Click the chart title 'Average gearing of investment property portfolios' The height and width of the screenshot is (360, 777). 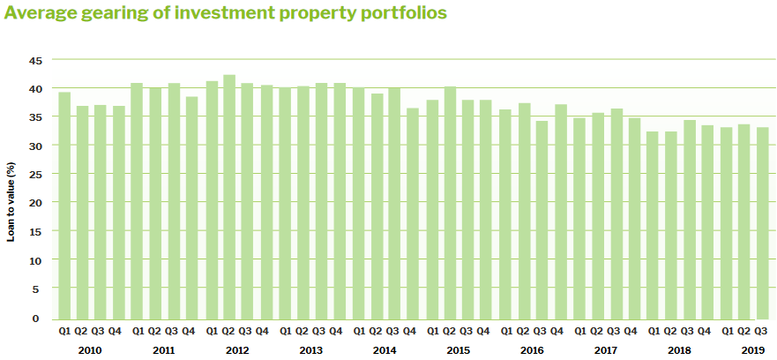(225, 13)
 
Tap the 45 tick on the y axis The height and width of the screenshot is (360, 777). (35, 60)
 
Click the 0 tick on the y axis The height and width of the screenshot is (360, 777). (37, 319)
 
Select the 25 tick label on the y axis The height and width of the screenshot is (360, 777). (35, 174)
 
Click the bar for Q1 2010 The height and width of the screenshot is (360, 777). (64, 206)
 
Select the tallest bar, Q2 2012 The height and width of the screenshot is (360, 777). (229, 197)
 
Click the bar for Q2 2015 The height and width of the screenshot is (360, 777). (450, 203)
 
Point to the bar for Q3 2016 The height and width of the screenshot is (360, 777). (542, 220)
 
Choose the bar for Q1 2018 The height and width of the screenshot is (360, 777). (653, 225)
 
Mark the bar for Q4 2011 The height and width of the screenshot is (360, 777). (192, 208)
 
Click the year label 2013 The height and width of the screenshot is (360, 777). (310, 350)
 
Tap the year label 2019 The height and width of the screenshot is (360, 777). (752, 350)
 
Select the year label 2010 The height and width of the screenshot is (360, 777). (90, 350)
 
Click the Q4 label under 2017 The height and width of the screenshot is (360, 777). (630, 332)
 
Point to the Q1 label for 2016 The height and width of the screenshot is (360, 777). (505, 332)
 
